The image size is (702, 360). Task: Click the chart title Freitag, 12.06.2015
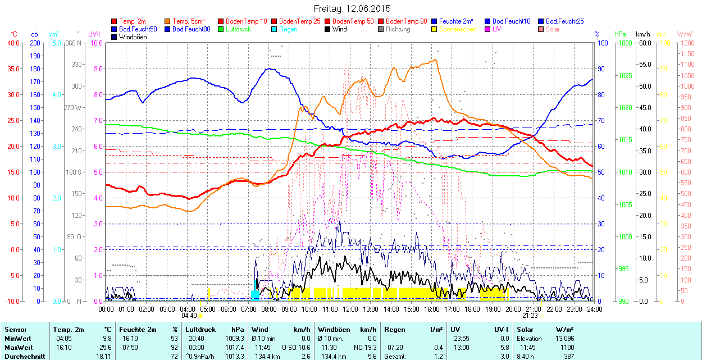tap(352, 8)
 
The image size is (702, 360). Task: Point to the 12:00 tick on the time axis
tap(350, 309)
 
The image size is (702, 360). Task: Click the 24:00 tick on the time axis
tap(595, 309)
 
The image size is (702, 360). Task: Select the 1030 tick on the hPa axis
tap(623, 43)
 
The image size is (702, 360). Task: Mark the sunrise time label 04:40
tap(189, 316)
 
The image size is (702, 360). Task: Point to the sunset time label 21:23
tap(530, 316)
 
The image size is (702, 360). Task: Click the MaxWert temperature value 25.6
tap(106, 348)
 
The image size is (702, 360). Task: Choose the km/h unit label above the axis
tap(642, 34)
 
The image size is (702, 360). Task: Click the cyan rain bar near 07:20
tap(255, 295)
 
